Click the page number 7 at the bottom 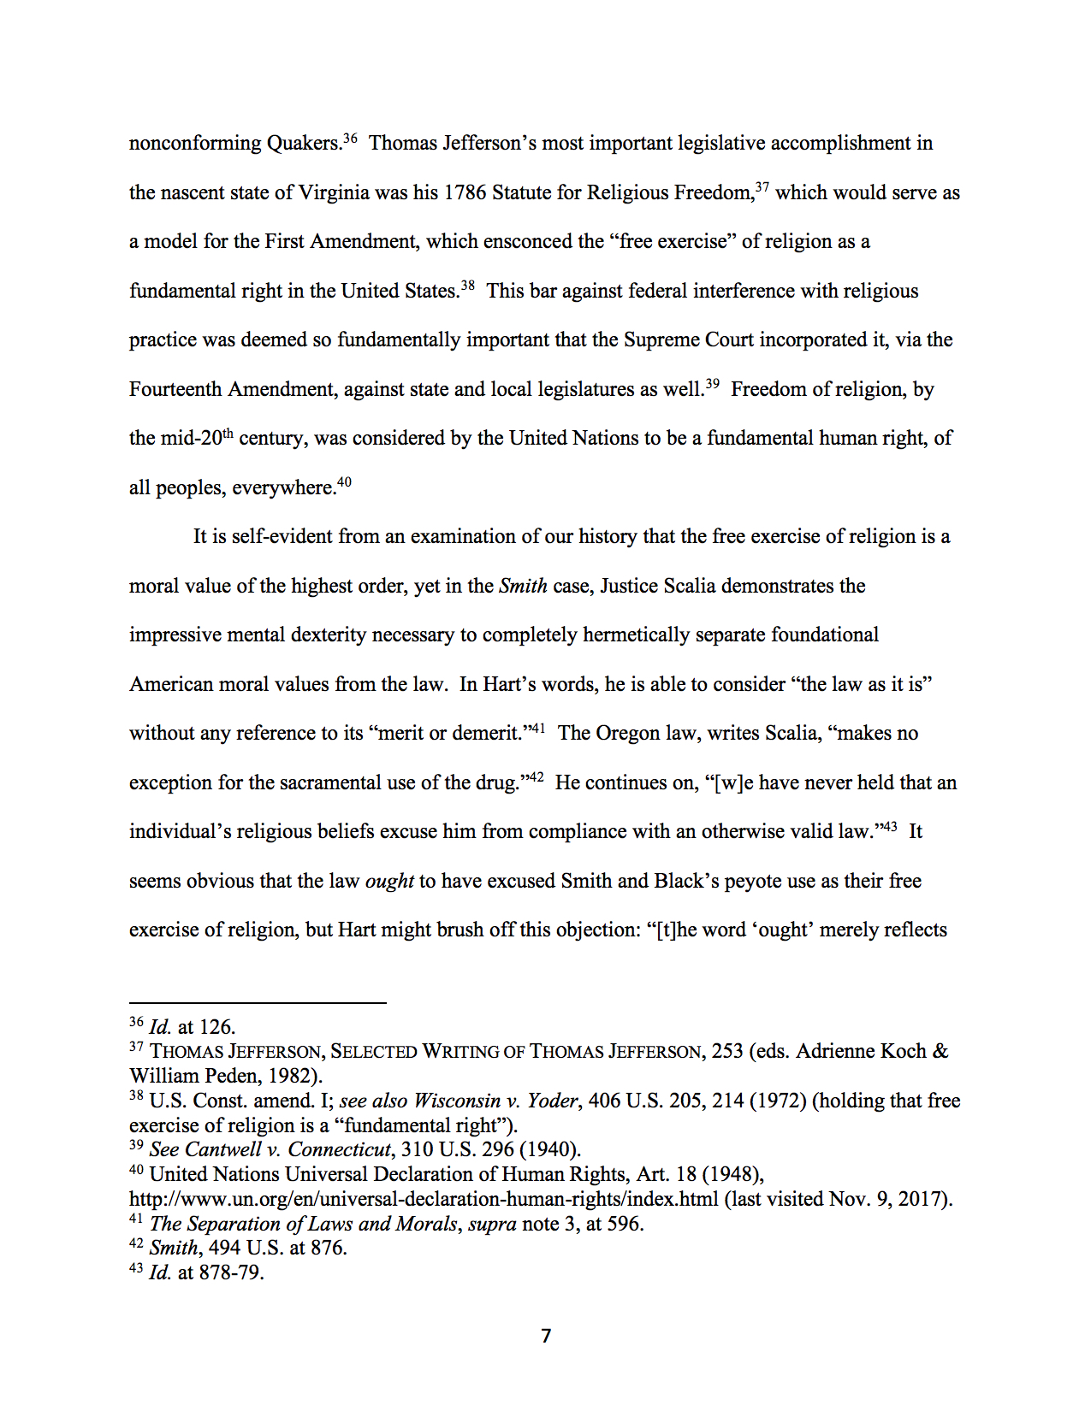pos(546,1336)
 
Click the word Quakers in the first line pos(304,143)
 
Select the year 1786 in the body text pos(465,192)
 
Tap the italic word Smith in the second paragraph pos(523,586)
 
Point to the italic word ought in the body pos(389,881)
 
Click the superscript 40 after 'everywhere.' pos(344,482)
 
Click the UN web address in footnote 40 pos(424,1199)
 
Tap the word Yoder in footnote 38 pos(552,1101)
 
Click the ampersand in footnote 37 pos(940,1051)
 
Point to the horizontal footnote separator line pos(258,1002)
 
